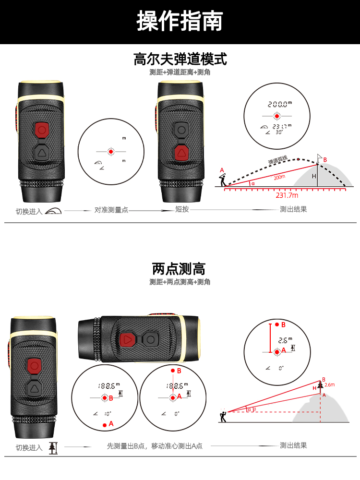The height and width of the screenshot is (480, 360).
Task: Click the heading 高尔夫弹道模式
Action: point(180,59)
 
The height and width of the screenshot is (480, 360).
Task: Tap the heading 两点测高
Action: point(179,269)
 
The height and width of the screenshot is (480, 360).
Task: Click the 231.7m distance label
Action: point(287,195)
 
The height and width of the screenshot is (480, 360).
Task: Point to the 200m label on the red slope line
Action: point(279,177)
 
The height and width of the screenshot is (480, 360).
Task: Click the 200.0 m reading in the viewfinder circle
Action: point(280,104)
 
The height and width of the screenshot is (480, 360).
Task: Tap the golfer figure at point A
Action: point(223,180)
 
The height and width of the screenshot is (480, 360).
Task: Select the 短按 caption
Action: point(182,209)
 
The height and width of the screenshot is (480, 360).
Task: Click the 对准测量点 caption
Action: point(111,210)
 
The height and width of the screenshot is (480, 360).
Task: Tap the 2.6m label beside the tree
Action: point(330,385)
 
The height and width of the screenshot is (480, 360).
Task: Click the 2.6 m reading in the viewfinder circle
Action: point(285,340)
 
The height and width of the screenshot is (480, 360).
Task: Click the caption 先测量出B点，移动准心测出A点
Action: point(155,446)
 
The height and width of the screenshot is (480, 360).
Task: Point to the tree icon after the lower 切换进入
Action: point(53,448)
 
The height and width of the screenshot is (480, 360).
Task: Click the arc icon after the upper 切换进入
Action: point(53,211)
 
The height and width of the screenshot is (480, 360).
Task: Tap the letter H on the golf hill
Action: point(314,176)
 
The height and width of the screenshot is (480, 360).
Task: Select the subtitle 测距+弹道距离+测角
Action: point(180,72)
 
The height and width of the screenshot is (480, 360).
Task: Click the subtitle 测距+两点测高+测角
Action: point(180,282)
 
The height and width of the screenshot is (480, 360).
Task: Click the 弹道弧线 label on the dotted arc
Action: point(278,160)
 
